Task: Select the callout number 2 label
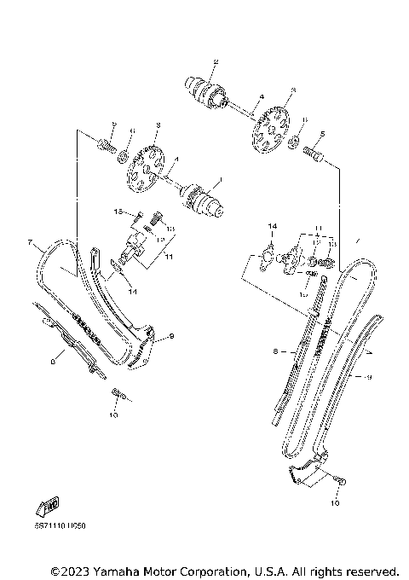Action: (216, 61)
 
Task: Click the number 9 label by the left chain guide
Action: (170, 338)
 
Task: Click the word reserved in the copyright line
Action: (371, 570)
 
